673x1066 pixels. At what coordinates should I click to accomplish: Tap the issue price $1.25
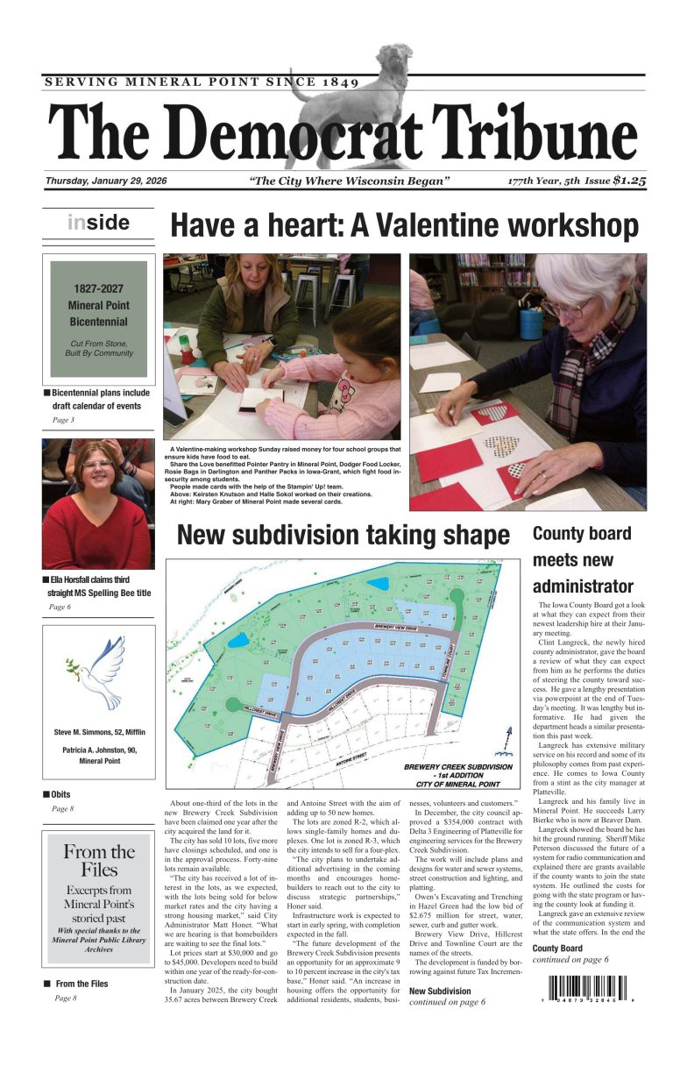[x=629, y=181]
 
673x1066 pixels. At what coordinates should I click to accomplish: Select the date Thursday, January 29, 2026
[x=107, y=181]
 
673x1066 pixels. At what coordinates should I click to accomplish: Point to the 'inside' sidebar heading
[x=98, y=223]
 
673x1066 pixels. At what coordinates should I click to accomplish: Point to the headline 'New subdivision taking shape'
[x=343, y=535]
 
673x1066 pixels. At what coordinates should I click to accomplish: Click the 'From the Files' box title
[x=98, y=860]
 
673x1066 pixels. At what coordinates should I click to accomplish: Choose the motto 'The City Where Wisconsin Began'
[x=350, y=181]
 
